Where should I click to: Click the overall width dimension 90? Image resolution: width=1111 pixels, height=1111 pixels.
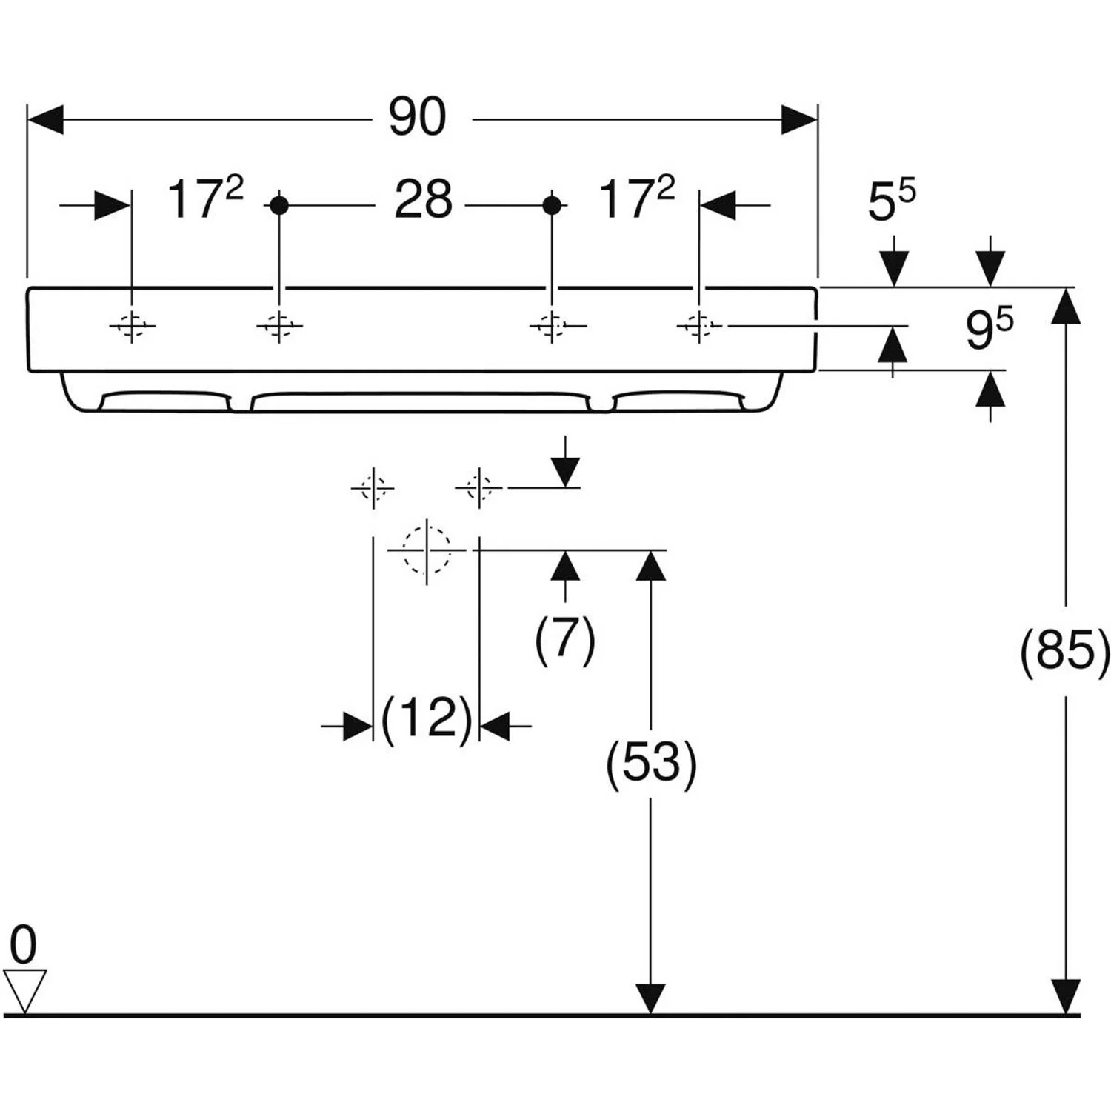tap(418, 117)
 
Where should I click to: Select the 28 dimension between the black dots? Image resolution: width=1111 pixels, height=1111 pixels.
tap(423, 200)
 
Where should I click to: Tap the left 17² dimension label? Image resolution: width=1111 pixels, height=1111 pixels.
tap(204, 198)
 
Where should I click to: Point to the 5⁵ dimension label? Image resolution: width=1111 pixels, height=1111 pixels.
tap(891, 201)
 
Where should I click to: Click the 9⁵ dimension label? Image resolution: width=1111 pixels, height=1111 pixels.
tap(989, 328)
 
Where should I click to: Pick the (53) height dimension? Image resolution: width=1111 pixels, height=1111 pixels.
tap(651, 763)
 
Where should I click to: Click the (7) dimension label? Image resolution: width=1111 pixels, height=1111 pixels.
tap(565, 638)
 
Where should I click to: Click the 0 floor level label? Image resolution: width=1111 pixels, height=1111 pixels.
tap(23, 945)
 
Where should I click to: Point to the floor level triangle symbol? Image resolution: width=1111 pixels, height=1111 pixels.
tap(24, 990)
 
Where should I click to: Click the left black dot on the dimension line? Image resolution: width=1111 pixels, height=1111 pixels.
tap(278, 205)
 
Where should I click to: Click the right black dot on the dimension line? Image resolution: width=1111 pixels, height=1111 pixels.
tap(552, 205)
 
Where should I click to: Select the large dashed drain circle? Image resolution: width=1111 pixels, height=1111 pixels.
tap(427, 550)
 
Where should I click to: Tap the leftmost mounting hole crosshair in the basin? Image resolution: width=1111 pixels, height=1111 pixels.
tap(132, 325)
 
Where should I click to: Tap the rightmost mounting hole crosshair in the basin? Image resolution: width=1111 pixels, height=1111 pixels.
tap(698, 325)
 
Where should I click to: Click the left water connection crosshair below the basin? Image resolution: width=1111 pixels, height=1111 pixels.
tap(373, 488)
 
